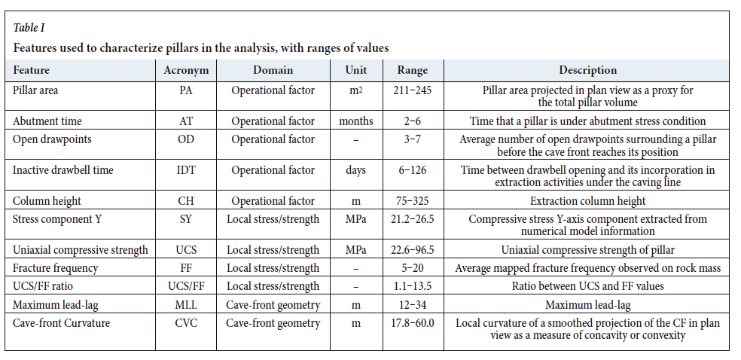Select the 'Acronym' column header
point(185,70)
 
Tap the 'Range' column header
point(412,70)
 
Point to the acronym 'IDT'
point(185,170)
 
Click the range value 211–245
point(412,90)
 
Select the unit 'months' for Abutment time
point(356,121)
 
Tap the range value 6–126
point(412,170)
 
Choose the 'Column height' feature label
point(47,201)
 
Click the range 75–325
point(412,201)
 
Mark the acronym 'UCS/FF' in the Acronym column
point(185,286)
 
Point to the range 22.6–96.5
point(412,250)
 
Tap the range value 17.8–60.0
point(412,323)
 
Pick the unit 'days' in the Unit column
point(356,170)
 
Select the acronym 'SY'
point(185,219)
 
